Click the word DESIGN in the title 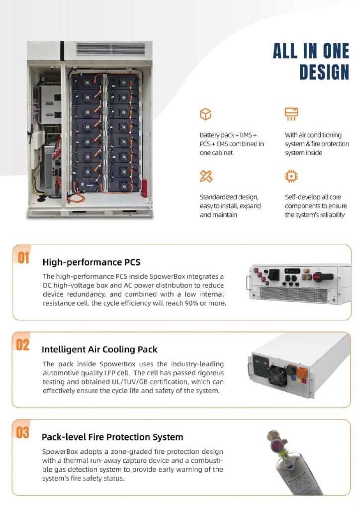pos(324,72)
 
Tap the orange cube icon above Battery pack pos(205,114)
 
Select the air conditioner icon pos(291,114)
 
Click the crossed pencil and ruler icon pos(206,176)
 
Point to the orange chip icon pos(291,176)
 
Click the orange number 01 pos(23,258)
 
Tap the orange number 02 pos(23,345)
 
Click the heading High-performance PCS pos(91,262)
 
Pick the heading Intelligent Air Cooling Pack pos(99,349)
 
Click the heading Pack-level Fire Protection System pos(112,437)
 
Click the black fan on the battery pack pos(277,375)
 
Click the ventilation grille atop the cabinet pos(111,49)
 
